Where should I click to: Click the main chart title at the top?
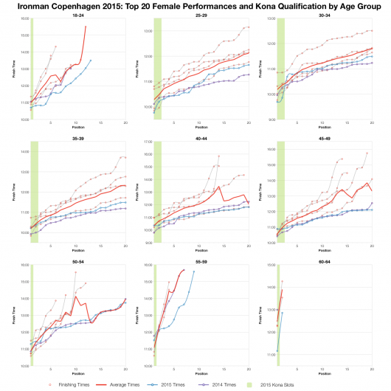(x=195, y=6)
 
